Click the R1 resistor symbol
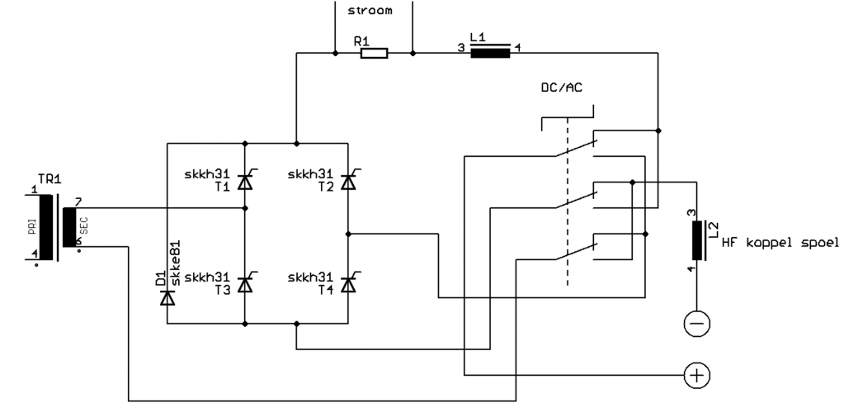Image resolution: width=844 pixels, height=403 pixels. point(374,55)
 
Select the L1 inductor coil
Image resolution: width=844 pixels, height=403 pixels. point(490,54)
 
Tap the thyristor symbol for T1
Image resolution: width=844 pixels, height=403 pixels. point(244,183)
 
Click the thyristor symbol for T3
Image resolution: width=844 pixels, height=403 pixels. point(244,283)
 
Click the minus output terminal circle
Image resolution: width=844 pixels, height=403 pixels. point(697,325)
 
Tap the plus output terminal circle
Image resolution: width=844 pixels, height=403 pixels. point(697,375)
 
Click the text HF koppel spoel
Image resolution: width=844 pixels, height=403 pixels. point(779,243)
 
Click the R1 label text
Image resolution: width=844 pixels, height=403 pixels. point(360,39)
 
